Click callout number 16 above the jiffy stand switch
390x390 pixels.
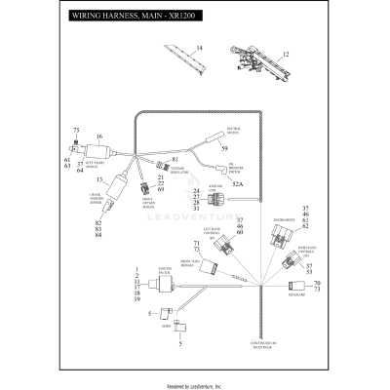click(x=98, y=138)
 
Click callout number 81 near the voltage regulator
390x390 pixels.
click(x=175, y=158)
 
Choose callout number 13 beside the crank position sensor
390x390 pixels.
click(x=99, y=180)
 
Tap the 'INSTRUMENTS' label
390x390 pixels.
click(x=284, y=221)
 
